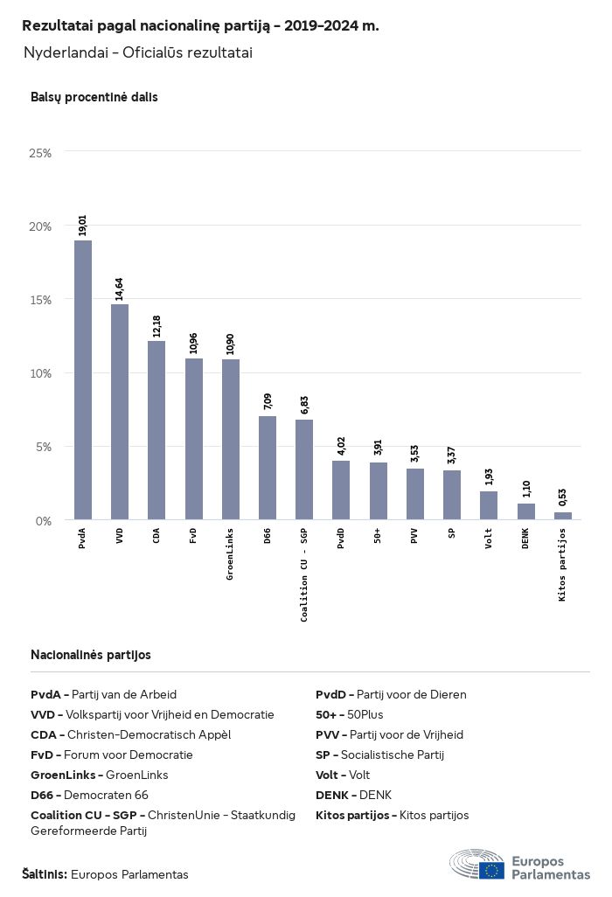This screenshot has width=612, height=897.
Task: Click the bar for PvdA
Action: [83, 380]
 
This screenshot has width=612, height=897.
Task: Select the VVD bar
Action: [120, 412]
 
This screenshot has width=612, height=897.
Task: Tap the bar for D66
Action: [268, 468]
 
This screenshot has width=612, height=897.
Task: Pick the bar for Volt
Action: [489, 505]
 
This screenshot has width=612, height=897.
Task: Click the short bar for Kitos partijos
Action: [562, 516]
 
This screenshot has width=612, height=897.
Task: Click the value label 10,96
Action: [194, 344]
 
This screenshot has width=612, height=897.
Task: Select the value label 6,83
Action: [304, 406]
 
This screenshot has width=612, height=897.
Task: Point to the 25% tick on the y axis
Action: [41, 153]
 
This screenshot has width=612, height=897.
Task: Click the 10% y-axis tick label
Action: [41, 373]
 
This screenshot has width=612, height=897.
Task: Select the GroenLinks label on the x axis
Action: [230, 554]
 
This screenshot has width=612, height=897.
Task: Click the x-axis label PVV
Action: [414, 536]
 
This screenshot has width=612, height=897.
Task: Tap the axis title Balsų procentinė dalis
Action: [94, 97]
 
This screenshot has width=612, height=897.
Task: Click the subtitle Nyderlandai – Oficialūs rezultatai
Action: [138, 53]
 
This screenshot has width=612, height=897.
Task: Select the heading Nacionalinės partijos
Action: [91, 655]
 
